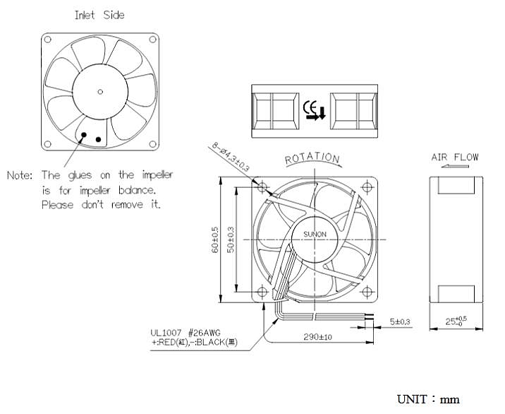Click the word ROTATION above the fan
312,159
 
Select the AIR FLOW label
454,157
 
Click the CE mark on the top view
313,110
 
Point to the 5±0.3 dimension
401,322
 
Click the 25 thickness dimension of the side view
456,322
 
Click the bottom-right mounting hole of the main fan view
367,290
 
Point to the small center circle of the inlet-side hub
100,90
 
